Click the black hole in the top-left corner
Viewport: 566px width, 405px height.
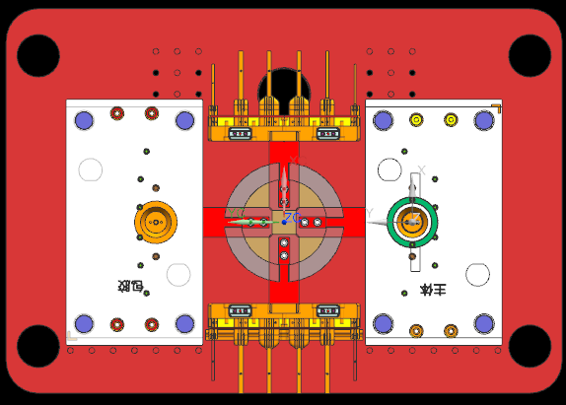click(x=38, y=56)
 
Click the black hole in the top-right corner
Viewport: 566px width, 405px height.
click(x=530, y=56)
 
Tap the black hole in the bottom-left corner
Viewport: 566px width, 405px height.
click(x=38, y=346)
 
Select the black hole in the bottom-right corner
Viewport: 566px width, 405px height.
click(x=530, y=346)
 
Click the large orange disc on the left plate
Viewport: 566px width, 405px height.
click(x=155, y=224)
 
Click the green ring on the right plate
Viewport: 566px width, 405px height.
click(x=412, y=222)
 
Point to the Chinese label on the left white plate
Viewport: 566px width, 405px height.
click(x=131, y=288)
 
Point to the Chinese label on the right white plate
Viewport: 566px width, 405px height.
click(x=432, y=290)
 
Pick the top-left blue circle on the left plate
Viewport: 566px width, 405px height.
click(x=84, y=120)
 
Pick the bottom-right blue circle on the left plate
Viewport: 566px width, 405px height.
click(x=184, y=323)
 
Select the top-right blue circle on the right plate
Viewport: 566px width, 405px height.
click(x=483, y=120)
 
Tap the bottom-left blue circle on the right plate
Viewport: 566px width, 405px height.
click(x=383, y=323)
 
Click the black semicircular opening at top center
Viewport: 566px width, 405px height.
click(x=284, y=82)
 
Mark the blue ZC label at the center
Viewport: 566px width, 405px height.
click(x=292, y=217)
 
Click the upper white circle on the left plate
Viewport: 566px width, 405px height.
click(x=90, y=169)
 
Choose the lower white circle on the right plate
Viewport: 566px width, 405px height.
click(x=477, y=274)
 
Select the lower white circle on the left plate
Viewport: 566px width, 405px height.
click(x=178, y=274)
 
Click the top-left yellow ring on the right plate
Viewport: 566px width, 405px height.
click(x=416, y=120)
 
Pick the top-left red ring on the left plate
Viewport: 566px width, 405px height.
click(x=117, y=113)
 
